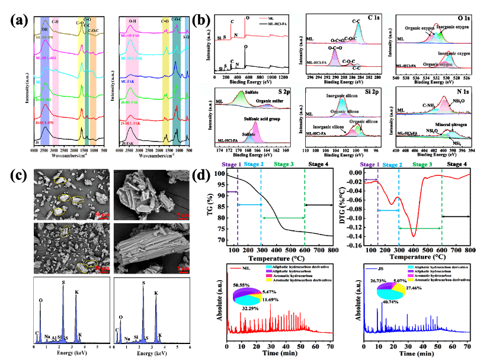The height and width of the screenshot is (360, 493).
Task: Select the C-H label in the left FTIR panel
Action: (56, 21)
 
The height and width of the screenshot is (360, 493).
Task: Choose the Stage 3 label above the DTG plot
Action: (421, 164)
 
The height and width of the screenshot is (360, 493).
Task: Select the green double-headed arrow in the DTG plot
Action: (420, 228)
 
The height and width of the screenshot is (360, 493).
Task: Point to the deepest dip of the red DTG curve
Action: (413, 236)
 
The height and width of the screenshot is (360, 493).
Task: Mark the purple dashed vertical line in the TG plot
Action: (238, 207)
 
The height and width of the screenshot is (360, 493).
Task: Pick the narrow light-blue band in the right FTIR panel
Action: (186, 77)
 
